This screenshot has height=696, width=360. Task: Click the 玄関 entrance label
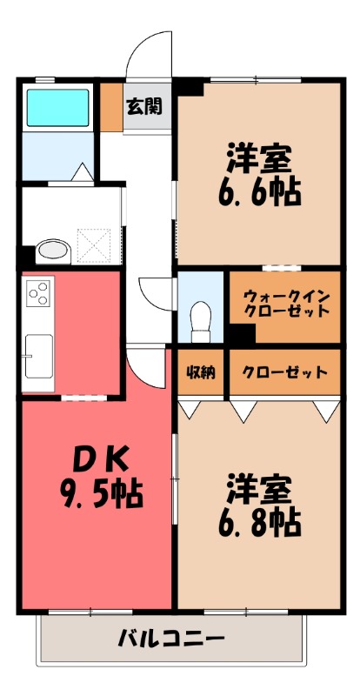(x=143, y=107)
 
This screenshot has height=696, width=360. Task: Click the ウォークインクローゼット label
(x=286, y=302)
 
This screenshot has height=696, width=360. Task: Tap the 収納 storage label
(x=200, y=372)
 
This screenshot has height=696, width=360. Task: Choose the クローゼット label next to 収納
(x=284, y=372)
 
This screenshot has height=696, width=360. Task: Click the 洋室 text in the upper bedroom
(x=258, y=157)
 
